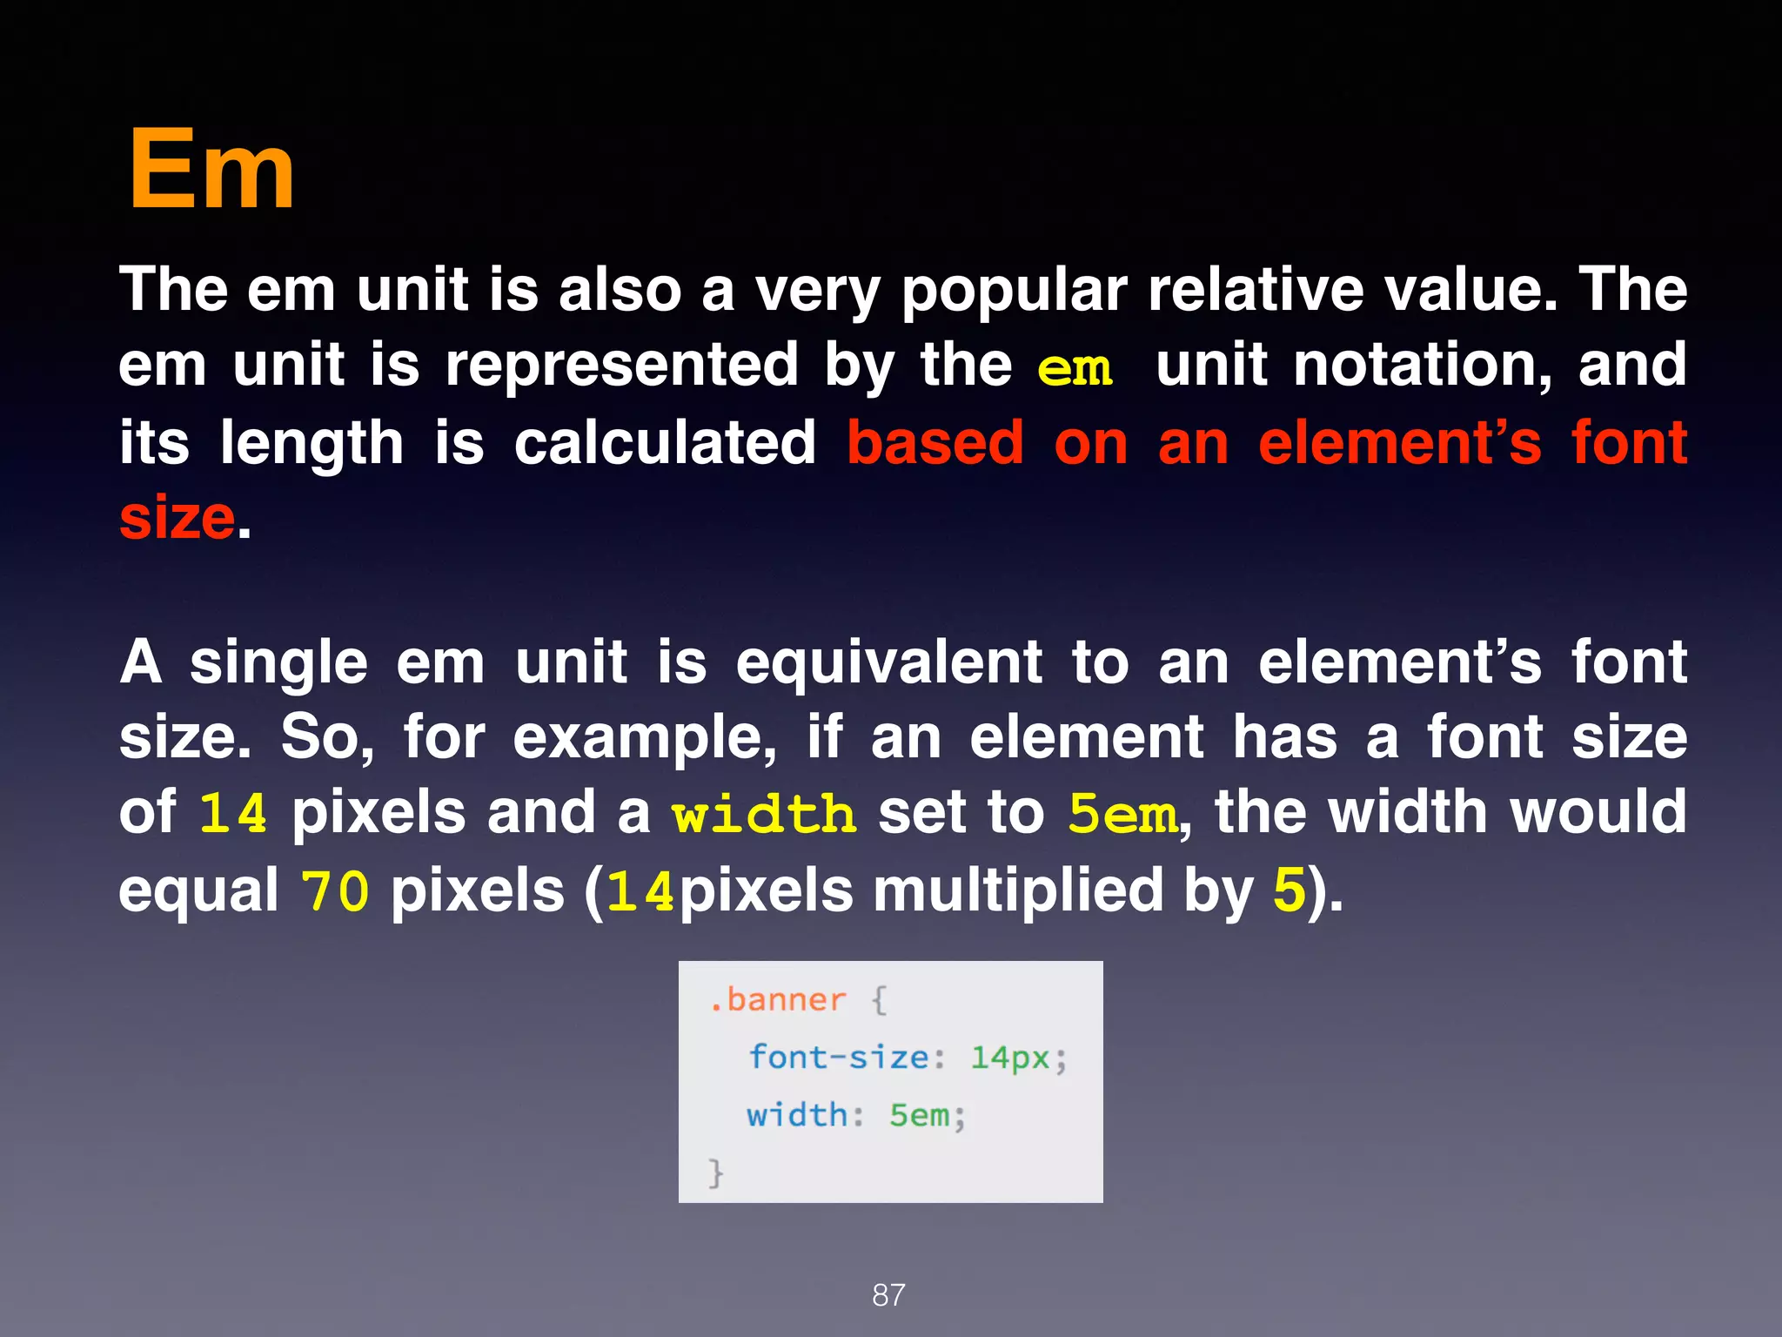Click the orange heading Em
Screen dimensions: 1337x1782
tap(211, 170)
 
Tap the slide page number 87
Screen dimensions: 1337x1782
tap(888, 1295)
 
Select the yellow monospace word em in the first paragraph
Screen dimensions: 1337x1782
tap(1075, 368)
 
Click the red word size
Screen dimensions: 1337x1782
tap(178, 518)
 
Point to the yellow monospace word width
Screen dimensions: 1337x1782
tap(764, 814)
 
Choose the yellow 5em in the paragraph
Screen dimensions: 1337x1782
tap(1122, 814)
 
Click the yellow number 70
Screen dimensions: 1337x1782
tap(335, 892)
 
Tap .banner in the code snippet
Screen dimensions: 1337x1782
tap(777, 999)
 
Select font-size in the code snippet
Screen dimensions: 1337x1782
tap(839, 1058)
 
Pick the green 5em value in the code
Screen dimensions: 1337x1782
tap(920, 1115)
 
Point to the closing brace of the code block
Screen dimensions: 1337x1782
tap(715, 1172)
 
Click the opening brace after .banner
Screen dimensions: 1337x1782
tap(879, 1000)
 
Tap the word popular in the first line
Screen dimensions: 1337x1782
tap(1014, 292)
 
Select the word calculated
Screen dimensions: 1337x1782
tap(665, 443)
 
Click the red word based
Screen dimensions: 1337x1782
tap(935, 443)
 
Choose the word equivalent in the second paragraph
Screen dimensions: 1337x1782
tap(889, 663)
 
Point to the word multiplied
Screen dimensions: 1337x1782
tap(1018, 891)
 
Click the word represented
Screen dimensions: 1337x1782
tap(622, 365)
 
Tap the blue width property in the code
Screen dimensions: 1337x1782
tap(797, 1115)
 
